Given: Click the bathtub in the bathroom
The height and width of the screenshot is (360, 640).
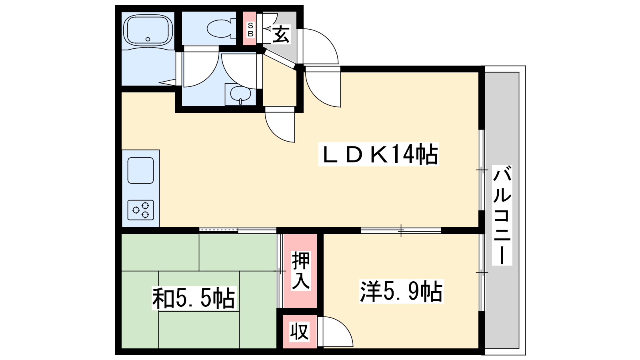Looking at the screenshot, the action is tap(148, 30).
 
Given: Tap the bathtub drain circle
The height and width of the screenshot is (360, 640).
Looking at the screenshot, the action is tap(148, 39).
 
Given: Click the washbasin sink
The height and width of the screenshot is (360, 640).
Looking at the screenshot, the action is tap(240, 94).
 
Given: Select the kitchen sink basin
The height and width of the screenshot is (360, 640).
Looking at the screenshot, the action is tap(140, 170).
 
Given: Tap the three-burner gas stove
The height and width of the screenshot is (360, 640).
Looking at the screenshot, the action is tap(140, 210).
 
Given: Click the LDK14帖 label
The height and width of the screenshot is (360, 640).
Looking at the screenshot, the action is tap(378, 154).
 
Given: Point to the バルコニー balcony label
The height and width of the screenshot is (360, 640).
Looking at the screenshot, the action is tap(502, 215).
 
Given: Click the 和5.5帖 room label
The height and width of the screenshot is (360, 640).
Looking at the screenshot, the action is tap(194, 298).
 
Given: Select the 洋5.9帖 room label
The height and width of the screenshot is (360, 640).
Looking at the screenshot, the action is tap(401, 291).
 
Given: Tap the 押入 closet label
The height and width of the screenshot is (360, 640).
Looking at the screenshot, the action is tap(300, 270).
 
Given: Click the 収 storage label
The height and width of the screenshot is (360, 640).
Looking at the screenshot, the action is tap(300, 332).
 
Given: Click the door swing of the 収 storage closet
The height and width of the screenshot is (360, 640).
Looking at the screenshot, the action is tap(335, 332).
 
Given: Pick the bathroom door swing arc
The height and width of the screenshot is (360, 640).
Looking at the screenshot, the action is tap(201, 70).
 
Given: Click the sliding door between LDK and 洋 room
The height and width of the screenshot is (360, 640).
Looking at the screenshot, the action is tap(401, 230).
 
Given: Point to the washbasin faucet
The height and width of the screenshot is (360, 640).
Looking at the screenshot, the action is tap(240, 101).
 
